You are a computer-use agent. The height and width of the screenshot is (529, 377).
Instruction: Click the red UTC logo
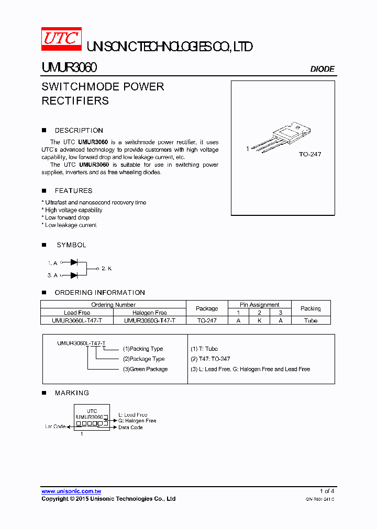pos(61,39)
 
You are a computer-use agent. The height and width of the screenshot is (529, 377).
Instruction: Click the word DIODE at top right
pos(322,69)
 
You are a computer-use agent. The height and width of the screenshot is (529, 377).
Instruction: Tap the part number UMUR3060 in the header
pos(69,68)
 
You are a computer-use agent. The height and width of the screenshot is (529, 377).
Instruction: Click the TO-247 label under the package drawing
pos(309,154)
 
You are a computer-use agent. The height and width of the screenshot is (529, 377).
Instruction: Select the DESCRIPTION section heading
pos(79,131)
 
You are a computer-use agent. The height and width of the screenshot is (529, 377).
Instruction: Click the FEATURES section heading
pos(73,191)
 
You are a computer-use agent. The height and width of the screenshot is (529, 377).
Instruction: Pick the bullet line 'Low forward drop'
pos(67,217)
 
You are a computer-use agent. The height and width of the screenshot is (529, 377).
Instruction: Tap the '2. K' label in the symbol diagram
pos(107,268)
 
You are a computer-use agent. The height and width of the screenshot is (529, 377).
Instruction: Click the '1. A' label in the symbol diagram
pos(52,263)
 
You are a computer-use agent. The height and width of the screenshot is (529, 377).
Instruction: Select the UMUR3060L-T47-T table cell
pos(77,320)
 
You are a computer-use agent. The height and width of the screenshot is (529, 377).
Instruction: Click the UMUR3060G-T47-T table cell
pos(150,320)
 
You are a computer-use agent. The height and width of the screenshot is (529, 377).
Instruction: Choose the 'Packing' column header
pos(311,308)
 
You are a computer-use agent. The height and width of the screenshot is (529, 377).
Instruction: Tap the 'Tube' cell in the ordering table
pos(311,320)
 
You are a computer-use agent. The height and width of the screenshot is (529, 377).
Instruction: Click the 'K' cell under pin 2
pos(259,320)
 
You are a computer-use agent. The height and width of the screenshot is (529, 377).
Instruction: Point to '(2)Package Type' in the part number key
pos(143,359)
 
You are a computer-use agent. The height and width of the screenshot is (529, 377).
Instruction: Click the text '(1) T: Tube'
pos(204,349)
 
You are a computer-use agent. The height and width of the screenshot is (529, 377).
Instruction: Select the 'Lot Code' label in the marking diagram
pos(55,427)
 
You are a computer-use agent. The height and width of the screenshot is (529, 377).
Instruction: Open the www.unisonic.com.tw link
pos(71,491)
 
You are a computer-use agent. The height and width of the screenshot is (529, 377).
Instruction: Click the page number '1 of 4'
pos(327,491)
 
